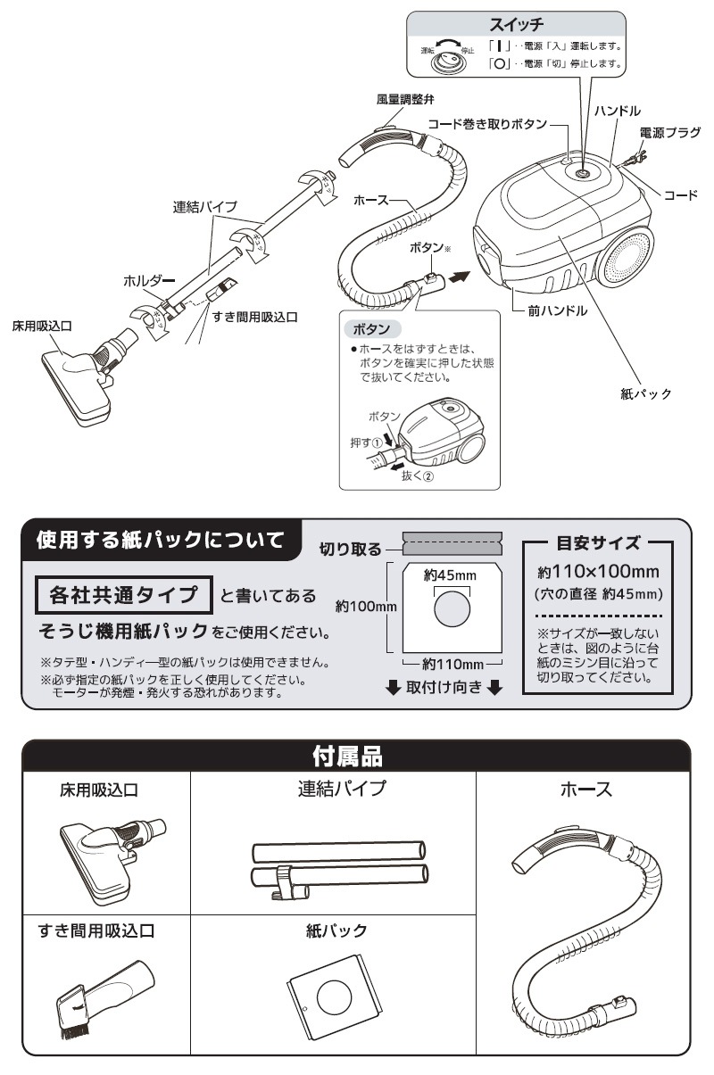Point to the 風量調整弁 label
tap(405, 99)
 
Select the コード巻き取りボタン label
tap(486, 125)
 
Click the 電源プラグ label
tap(669, 133)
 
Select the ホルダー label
tap(150, 281)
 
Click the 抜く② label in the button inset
tap(416, 476)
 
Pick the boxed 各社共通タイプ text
tap(122, 592)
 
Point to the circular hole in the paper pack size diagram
tap(451, 612)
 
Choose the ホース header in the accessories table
tap(585, 790)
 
